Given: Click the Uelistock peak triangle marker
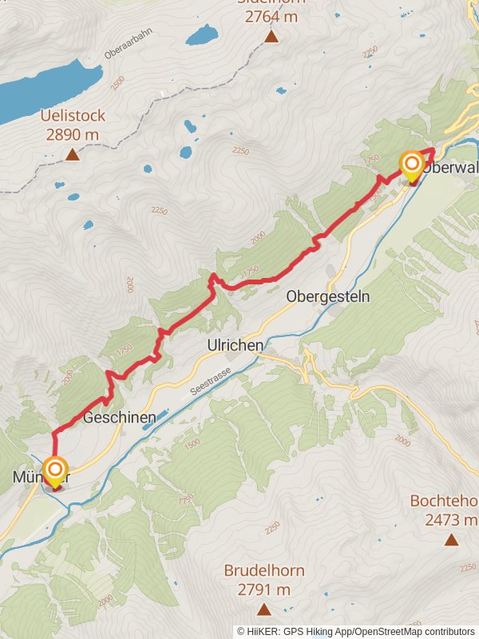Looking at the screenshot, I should point(73,154).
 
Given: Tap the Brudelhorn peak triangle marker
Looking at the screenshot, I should point(263,609).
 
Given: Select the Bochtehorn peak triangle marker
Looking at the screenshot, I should point(452,540).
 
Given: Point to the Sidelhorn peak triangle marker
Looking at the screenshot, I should point(271,37).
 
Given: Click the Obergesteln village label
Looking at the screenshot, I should point(328,296).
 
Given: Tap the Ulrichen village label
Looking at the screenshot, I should point(236,345).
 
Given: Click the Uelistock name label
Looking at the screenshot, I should point(73,117).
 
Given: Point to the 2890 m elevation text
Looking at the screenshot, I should point(73,134).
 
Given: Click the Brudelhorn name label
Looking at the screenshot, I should point(263,572).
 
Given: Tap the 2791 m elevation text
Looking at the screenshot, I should point(263,589).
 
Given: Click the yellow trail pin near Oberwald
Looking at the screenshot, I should point(412,166).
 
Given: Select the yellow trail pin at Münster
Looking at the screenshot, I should point(56,470).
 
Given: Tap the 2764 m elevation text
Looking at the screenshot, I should point(271,17).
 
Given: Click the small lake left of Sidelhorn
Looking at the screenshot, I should point(202,35).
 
